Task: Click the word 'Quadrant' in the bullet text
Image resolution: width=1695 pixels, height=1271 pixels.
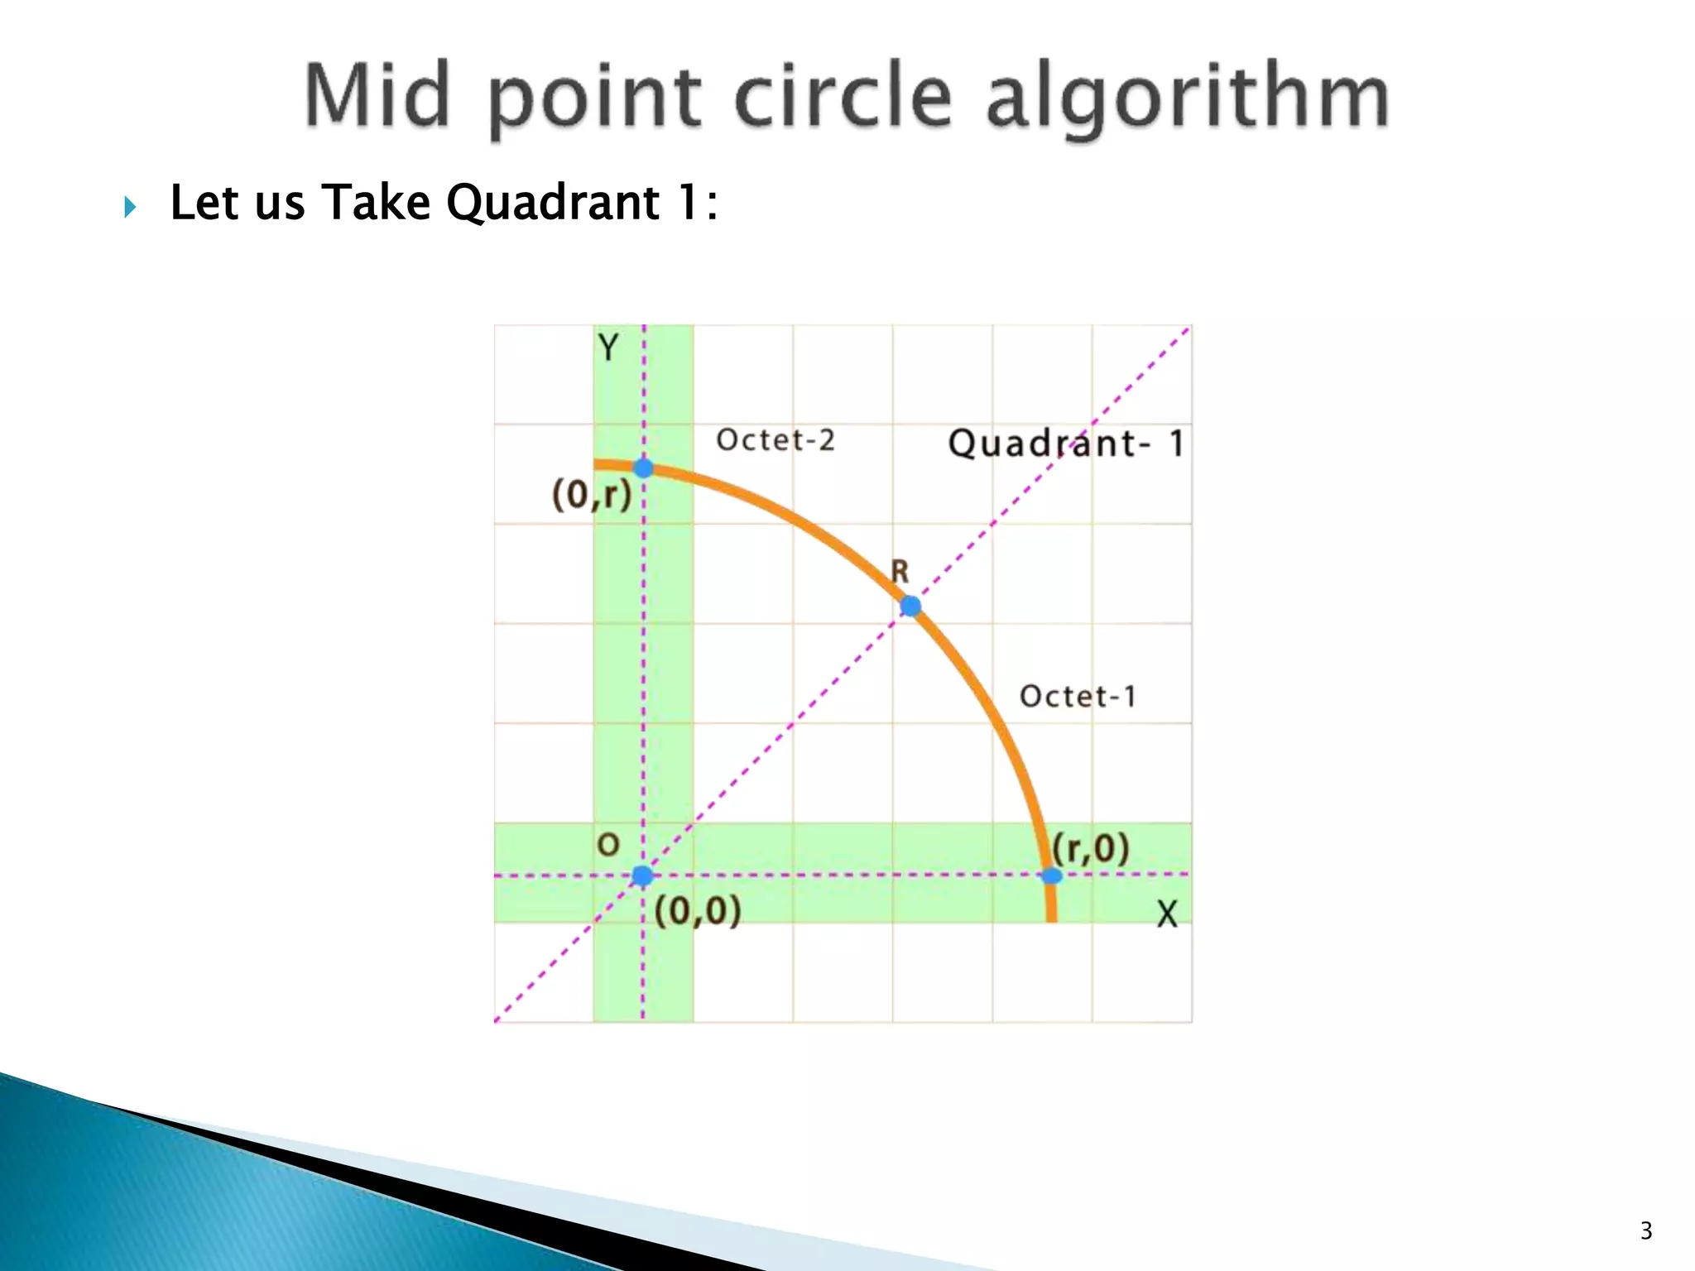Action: point(552,203)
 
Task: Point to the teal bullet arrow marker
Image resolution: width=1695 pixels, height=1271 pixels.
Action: point(130,206)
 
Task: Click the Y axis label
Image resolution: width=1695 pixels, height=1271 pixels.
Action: point(608,348)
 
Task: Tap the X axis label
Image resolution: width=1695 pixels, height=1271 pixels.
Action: point(1167,914)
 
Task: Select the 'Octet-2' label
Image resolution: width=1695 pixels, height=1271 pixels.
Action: point(775,440)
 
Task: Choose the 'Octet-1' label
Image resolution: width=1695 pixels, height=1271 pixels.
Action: point(1078,697)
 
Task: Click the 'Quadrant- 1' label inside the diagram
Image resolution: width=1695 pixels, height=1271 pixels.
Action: point(1066,444)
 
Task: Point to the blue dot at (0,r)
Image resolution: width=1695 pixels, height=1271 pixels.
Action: point(643,468)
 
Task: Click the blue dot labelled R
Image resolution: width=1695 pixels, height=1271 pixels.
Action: point(910,607)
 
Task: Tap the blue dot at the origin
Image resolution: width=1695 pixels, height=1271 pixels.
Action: point(642,875)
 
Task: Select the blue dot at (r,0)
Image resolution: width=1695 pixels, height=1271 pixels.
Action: point(1051,875)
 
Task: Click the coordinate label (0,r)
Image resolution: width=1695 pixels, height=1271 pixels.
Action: point(592,495)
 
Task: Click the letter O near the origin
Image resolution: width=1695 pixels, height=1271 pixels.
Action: point(608,845)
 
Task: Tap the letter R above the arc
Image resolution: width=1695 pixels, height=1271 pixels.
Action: point(900,571)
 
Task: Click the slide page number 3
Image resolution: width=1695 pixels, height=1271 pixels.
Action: point(1645,1231)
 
